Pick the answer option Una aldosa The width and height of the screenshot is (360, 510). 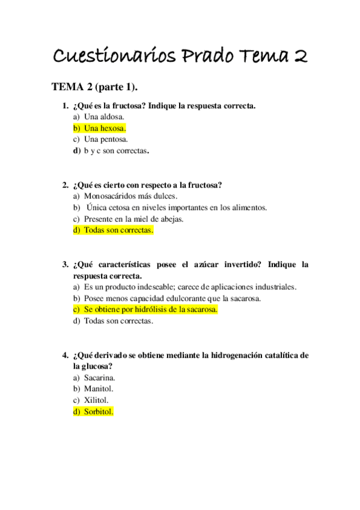click(x=104, y=117)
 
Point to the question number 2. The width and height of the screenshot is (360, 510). click(x=65, y=185)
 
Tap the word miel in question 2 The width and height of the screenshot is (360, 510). click(x=144, y=219)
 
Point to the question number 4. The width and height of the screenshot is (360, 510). click(x=65, y=355)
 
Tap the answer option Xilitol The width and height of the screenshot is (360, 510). click(x=97, y=401)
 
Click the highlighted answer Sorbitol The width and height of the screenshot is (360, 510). click(x=98, y=412)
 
